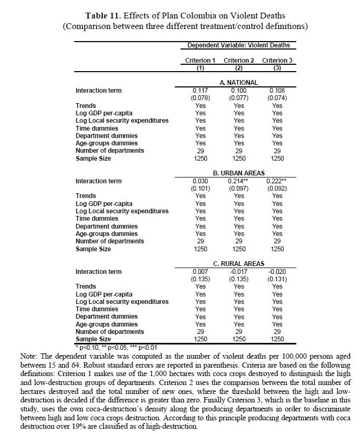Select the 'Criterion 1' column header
coord(200,61)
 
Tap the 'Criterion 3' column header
coord(277,61)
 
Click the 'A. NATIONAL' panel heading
coord(238,82)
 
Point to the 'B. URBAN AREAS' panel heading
coord(238,173)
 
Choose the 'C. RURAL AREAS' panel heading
coord(238,263)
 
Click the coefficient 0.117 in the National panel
coord(201,91)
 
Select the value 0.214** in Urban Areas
coord(239,181)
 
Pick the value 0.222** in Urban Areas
coord(278,181)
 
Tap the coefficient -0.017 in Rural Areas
coord(239,272)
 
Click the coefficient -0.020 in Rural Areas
coord(277,272)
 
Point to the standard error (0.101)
coord(201,189)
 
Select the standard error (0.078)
coord(201,98)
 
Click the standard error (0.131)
coord(277,279)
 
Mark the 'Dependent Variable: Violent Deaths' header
coord(238,46)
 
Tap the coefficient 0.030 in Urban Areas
coord(201,181)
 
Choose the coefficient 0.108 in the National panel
coord(277,91)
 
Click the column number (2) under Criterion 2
coord(239,68)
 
